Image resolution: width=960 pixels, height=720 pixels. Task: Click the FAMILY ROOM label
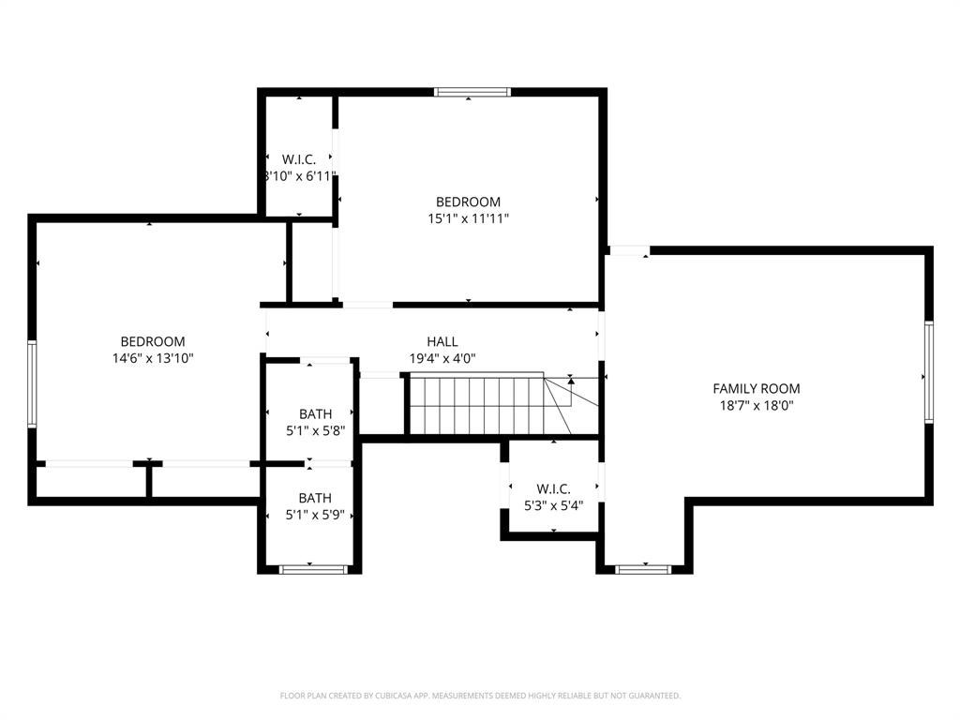[x=756, y=388]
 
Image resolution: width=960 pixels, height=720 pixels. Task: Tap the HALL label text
[x=442, y=342]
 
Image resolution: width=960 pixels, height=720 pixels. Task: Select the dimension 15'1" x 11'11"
[x=468, y=218]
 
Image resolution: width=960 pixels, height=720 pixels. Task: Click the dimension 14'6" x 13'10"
[x=152, y=358]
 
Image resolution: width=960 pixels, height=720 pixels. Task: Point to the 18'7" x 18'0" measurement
[x=756, y=405]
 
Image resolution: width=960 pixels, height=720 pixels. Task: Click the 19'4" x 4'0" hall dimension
[x=442, y=358]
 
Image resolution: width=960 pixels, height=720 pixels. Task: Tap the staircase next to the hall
[x=476, y=405]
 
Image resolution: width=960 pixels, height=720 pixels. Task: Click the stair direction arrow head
[x=571, y=381]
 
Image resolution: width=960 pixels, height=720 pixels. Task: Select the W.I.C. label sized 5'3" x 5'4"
[x=553, y=488]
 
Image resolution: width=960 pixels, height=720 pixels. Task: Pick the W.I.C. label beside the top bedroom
[x=298, y=159]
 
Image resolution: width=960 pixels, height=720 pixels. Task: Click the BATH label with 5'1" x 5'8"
[x=315, y=413]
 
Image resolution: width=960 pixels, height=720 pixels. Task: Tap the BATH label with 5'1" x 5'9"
[x=315, y=498]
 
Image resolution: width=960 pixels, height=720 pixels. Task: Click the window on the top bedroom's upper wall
[x=472, y=92]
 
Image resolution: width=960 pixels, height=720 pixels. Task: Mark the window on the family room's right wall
[x=928, y=372]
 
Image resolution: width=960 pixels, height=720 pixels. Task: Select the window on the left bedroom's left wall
[x=32, y=383]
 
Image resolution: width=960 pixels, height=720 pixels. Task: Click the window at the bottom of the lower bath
[x=314, y=569]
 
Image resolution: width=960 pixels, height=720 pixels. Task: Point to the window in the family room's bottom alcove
[x=644, y=569]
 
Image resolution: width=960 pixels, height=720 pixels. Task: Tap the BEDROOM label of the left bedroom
[x=152, y=342]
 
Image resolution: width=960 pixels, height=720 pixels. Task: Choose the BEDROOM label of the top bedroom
[x=468, y=202]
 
